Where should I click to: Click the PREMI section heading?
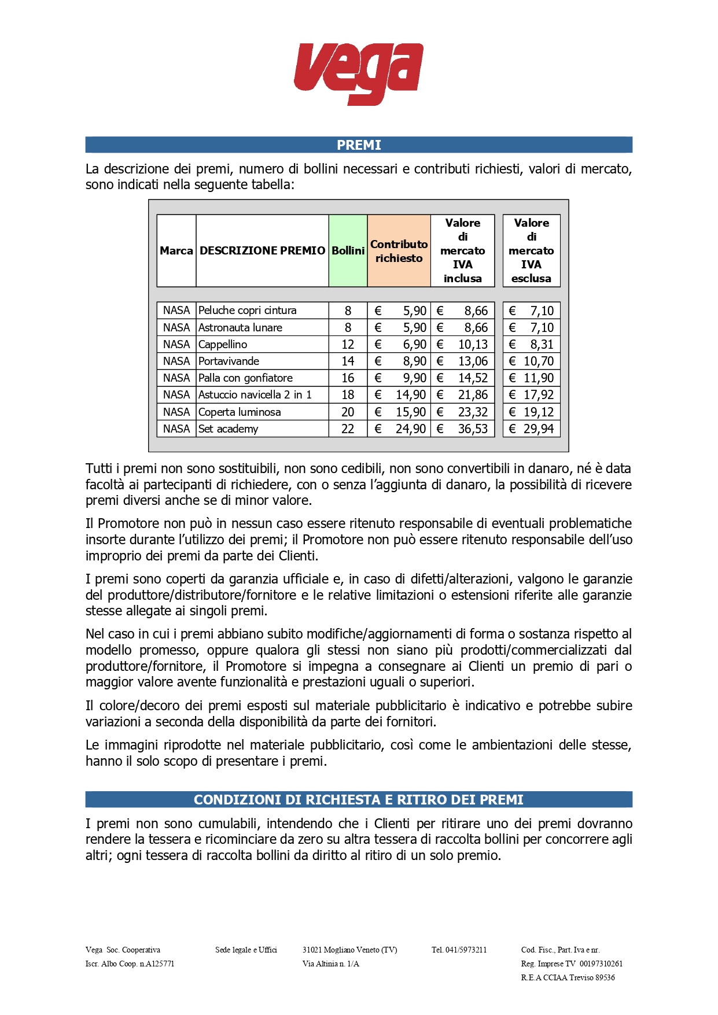(x=359, y=145)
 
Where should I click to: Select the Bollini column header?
(x=348, y=251)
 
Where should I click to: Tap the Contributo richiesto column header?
(x=399, y=251)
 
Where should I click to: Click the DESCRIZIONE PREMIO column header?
(x=262, y=251)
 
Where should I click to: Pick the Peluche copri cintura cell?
(x=248, y=311)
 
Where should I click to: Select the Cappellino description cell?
(x=223, y=345)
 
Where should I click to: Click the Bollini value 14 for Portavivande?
(x=348, y=361)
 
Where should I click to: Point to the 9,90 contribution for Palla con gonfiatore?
(x=414, y=378)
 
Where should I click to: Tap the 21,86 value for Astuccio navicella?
(x=473, y=395)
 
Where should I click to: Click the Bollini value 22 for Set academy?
(x=348, y=429)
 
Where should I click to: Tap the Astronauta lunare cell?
(x=241, y=328)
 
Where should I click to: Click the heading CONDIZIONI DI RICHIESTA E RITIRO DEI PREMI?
(x=359, y=800)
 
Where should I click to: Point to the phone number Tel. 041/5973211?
(x=459, y=950)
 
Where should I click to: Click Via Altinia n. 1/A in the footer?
(x=331, y=964)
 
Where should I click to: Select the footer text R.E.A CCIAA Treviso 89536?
(x=568, y=977)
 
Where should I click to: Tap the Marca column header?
(x=176, y=251)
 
